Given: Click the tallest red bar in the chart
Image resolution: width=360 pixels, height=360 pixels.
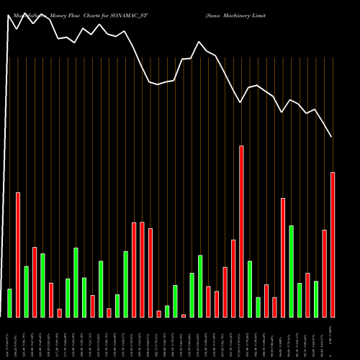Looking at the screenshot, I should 241,231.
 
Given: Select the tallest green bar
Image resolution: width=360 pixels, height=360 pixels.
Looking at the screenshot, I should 291,271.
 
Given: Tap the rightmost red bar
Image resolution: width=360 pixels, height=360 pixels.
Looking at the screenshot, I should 333,244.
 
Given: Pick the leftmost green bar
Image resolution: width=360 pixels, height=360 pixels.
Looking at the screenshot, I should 9,302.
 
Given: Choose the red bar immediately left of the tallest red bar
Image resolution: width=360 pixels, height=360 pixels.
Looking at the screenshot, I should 233,278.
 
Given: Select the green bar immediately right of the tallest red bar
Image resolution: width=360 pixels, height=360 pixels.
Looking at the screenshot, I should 250,289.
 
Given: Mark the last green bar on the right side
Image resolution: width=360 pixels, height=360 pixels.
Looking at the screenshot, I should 316,299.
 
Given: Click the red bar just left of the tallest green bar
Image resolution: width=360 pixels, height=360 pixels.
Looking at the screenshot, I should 283,257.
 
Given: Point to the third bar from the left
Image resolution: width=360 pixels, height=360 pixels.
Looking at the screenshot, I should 27,292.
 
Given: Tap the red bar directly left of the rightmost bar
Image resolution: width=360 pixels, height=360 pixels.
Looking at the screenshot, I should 325,273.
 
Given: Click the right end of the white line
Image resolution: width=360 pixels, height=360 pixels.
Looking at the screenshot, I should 331,137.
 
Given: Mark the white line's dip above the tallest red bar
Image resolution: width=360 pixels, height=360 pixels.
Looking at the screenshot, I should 241,103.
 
